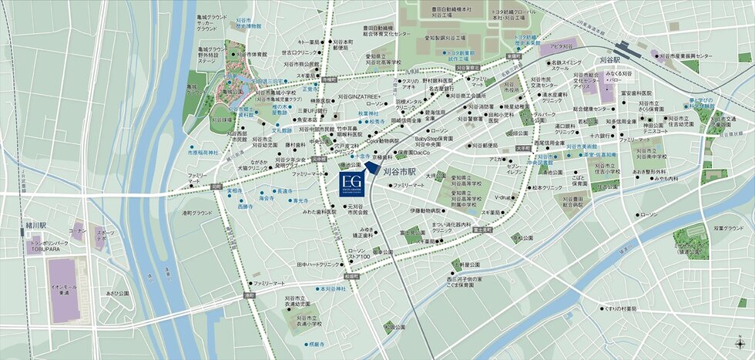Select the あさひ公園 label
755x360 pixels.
click(x=118, y=294)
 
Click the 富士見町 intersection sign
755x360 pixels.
click(x=483, y=229)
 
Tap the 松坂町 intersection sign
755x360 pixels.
click(x=352, y=275)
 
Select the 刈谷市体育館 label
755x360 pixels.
click(x=253, y=55)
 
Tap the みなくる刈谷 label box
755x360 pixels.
click(x=618, y=76)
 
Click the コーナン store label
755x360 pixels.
click(x=76, y=230)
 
